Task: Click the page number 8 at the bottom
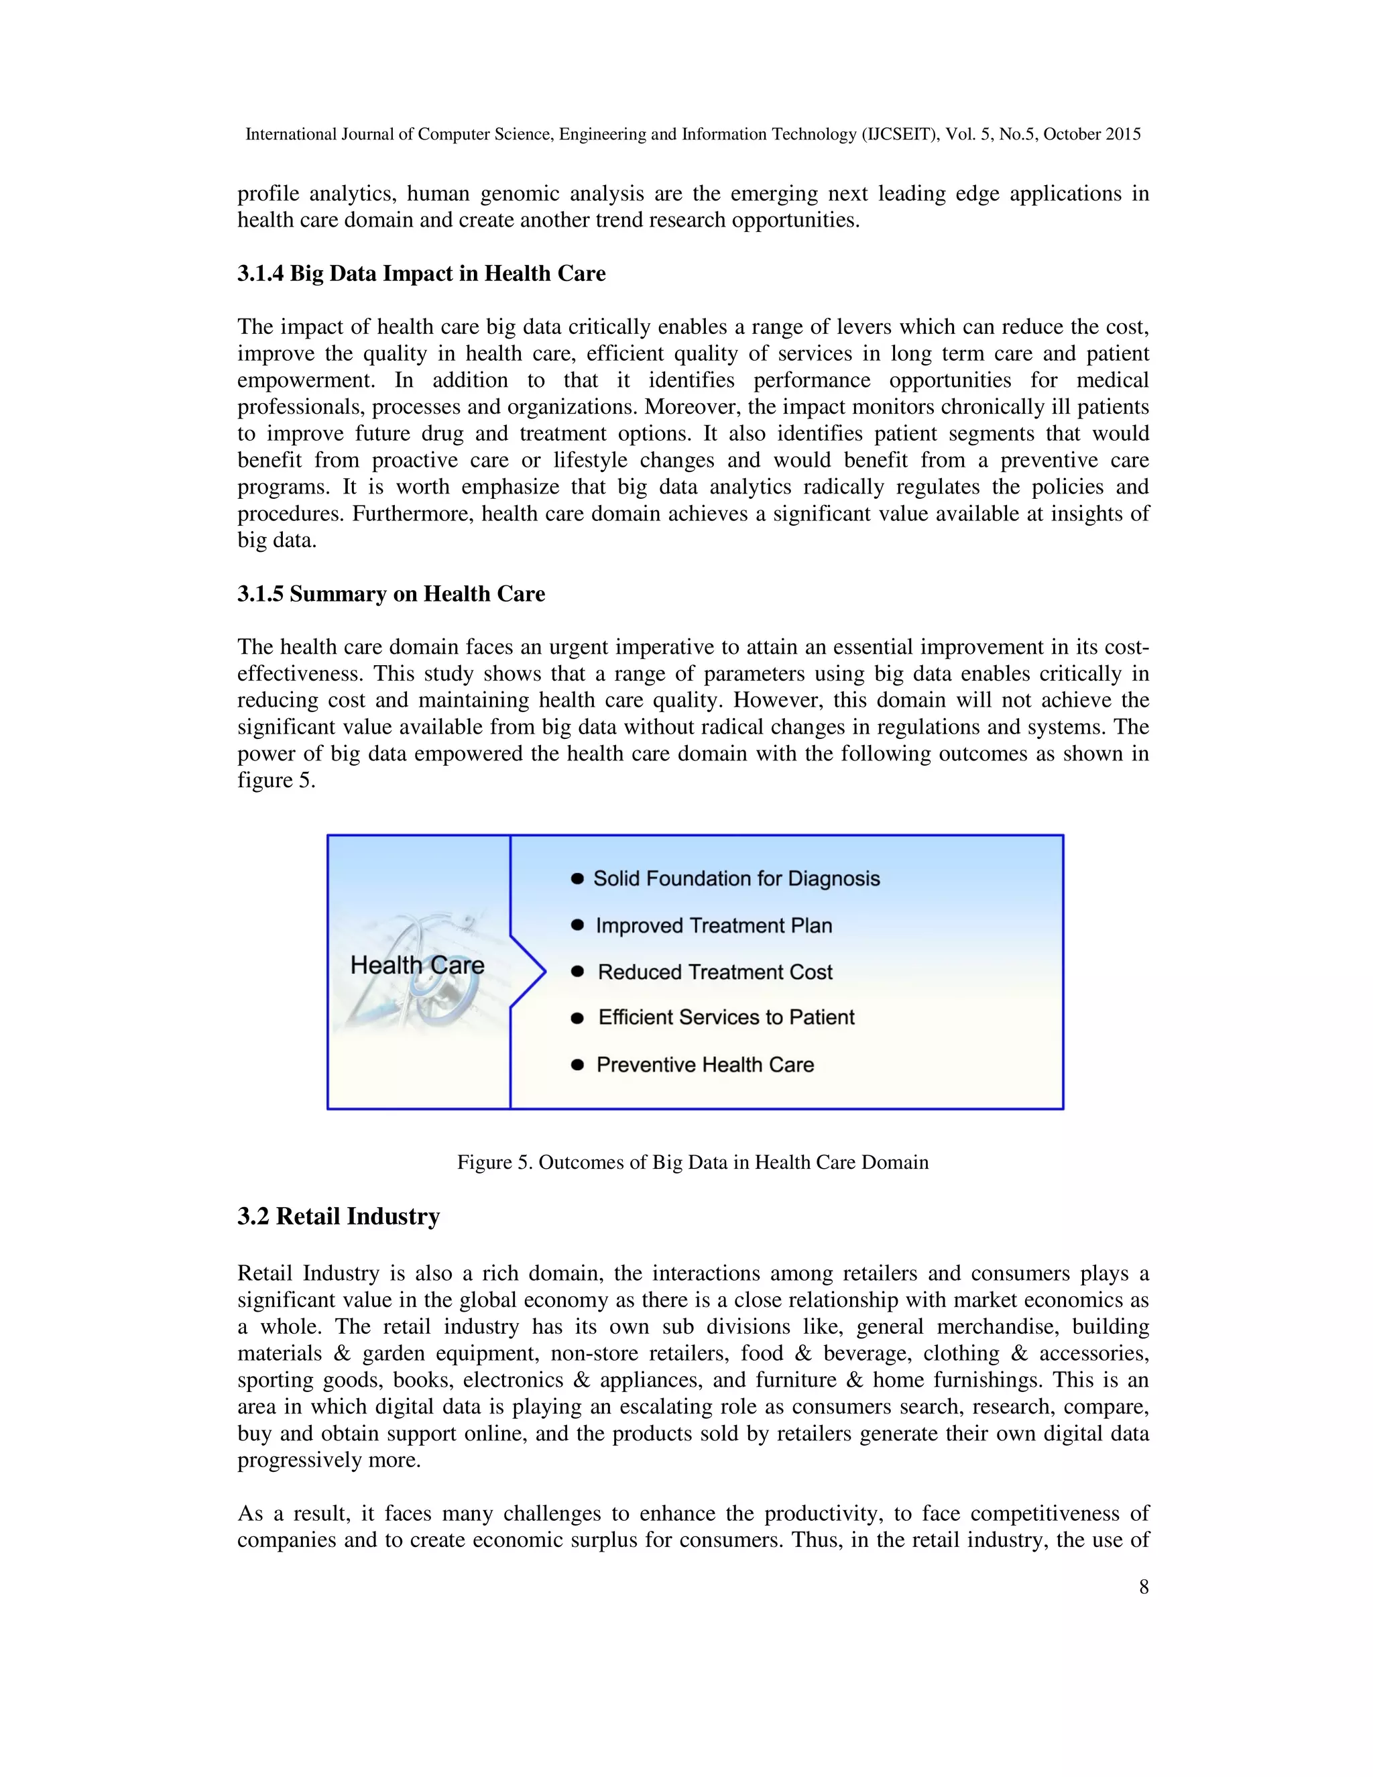tap(1144, 1587)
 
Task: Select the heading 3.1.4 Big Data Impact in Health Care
tap(421, 274)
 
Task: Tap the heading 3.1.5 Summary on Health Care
tap(392, 594)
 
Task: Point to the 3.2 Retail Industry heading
tap(339, 1216)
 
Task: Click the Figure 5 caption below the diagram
tap(692, 1162)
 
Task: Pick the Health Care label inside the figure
tap(417, 965)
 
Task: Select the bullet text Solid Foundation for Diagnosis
tap(736, 878)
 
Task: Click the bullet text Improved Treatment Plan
tap(713, 926)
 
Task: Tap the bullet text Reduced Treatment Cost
tap(715, 972)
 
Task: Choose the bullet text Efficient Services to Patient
tap(726, 1017)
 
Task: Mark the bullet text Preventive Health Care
tap(705, 1065)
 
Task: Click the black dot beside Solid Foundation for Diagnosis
tap(577, 878)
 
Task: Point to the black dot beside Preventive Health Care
tap(577, 1065)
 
